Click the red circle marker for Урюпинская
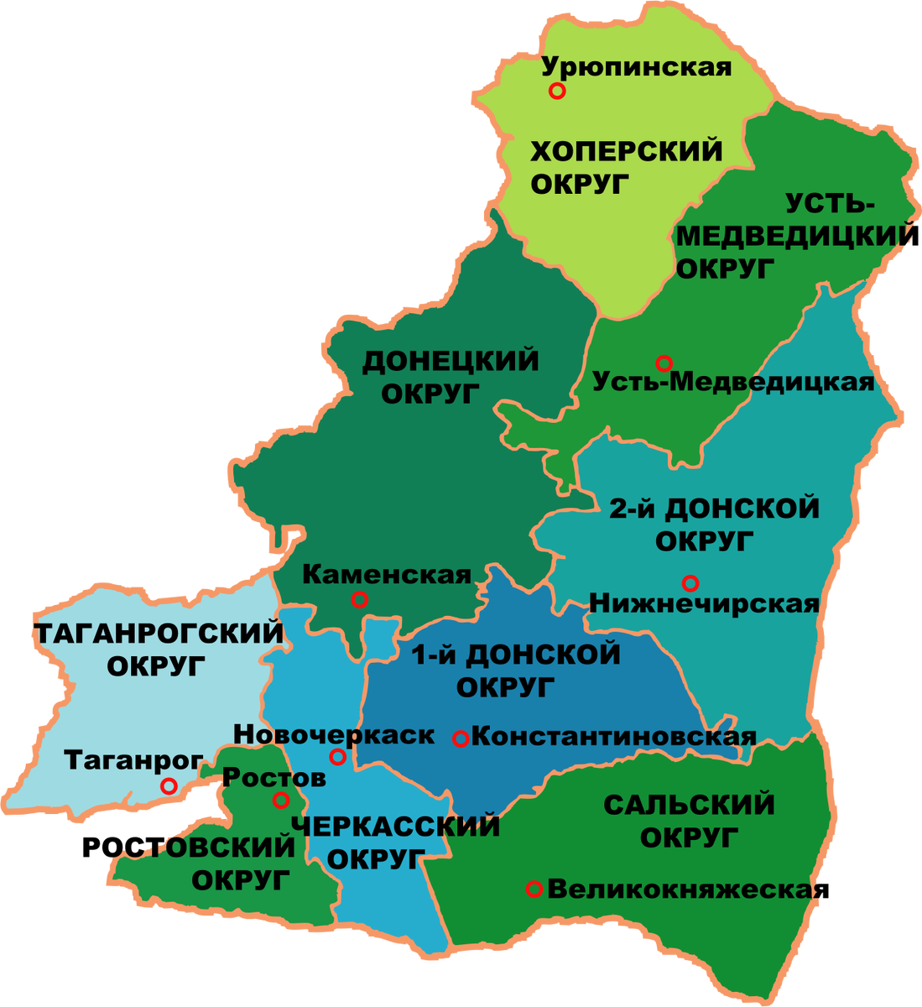tap(557, 91)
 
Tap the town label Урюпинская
tap(636, 66)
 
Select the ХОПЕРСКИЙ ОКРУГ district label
tap(626, 167)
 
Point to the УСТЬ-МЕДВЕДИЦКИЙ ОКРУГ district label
tap(794, 236)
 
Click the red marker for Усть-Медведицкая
tap(664, 363)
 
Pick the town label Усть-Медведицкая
tap(733, 383)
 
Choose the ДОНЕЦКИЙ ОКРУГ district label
tap(450, 377)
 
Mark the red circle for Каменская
tap(360, 599)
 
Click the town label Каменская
tap(387, 575)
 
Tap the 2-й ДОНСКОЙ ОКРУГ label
tap(714, 524)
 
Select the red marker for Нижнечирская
tap(690, 582)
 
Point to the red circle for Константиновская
tap(461, 738)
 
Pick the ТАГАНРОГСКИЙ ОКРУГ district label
tap(157, 649)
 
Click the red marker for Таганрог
tap(169, 786)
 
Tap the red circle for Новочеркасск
tap(337, 757)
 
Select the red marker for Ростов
tap(281, 800)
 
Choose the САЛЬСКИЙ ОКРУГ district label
tap(689, 820)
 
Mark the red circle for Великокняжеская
tap(534, 890)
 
